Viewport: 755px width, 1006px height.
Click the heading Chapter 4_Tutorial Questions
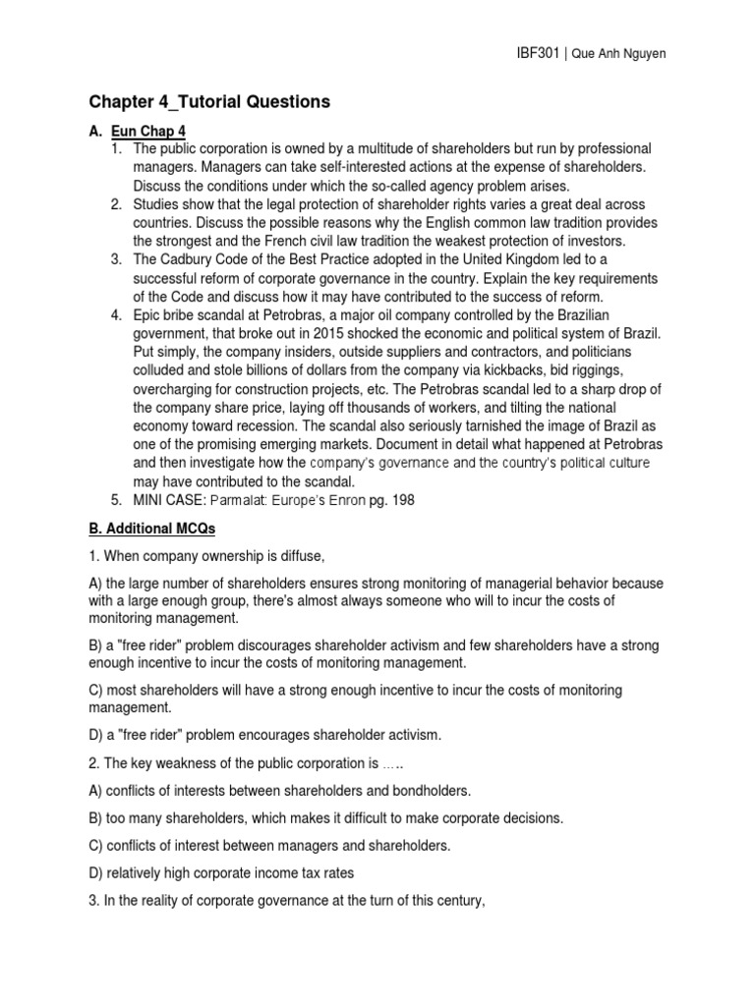(x=210, y=101)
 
